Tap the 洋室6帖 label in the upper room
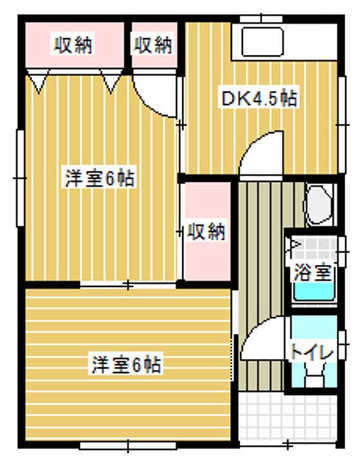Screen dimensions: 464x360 [100, 179]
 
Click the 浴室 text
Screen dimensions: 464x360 [312, 272]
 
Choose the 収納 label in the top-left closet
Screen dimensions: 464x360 [73, 45]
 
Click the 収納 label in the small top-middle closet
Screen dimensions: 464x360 [153, 45]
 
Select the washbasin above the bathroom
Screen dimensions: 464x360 [318, 204]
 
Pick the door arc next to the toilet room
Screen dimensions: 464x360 [261, 342]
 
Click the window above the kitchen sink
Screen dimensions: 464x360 [260, 17]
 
